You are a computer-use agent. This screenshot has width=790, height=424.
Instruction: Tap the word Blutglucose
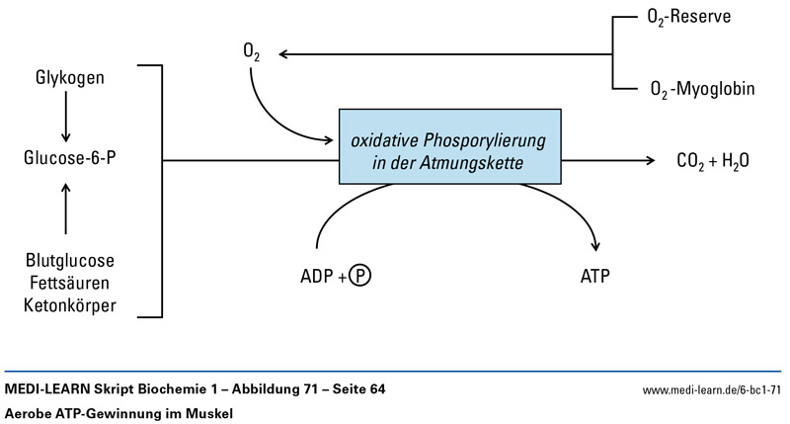click(69, 261)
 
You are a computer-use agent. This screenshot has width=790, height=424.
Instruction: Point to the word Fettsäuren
click(69, 284)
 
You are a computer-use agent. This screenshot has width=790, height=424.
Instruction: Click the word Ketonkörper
click(69, 305)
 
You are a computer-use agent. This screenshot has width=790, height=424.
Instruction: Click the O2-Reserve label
click(690, 18)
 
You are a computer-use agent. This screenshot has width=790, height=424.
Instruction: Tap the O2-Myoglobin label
click(702, 90)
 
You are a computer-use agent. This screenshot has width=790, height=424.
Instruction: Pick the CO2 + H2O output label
click(712, 159)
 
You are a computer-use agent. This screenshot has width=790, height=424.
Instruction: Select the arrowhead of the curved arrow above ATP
click(595, 246)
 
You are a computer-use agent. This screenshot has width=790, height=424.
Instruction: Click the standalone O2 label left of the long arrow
click(250, 50)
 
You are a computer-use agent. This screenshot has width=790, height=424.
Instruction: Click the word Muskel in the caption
click(208, 413)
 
